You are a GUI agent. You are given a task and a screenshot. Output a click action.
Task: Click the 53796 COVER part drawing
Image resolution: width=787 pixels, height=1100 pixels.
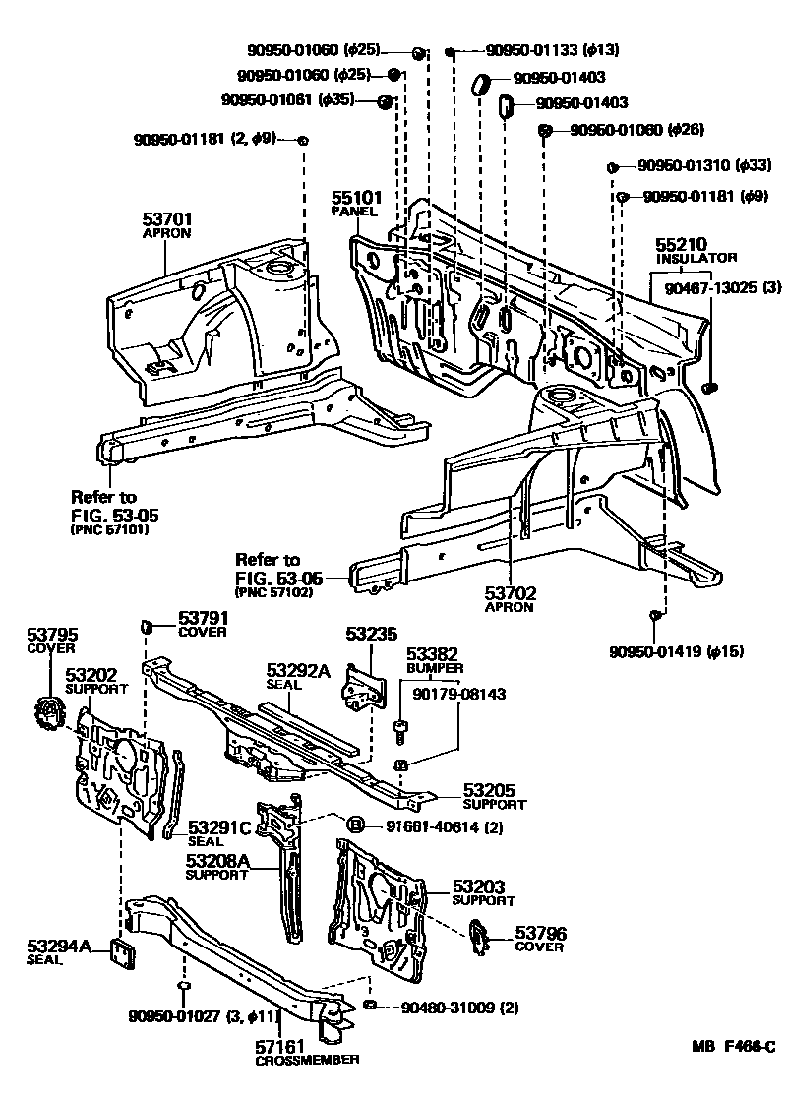479,936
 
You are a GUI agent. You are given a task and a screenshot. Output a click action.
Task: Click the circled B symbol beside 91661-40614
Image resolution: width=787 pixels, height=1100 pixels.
355,825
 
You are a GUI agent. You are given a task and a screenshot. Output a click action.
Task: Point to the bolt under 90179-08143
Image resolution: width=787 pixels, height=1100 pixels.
400,729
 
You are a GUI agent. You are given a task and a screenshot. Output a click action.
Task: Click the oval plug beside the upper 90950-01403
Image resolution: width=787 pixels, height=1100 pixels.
481,83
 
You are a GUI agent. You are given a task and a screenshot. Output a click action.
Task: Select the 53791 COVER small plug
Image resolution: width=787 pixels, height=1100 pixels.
145,626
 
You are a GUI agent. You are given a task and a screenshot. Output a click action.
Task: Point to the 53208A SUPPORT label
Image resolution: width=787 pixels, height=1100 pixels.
217,868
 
